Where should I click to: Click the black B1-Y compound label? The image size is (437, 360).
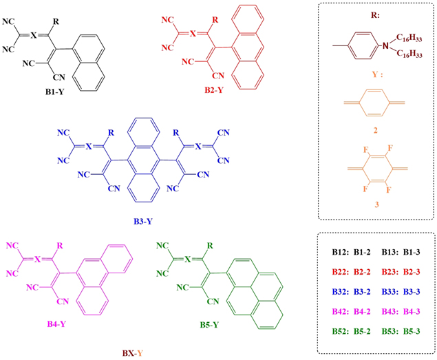pos(54,92)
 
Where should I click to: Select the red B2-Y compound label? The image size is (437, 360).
pos(214,90)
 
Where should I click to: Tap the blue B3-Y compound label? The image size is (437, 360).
pos(143,222)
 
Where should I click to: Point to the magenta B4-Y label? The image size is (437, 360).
pos(56,324)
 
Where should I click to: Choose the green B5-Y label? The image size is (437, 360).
pos(209,325)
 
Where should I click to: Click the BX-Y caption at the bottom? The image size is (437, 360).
pos(133,353)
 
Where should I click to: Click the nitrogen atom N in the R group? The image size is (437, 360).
pos(385,45)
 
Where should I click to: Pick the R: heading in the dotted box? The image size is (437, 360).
pos(375,15)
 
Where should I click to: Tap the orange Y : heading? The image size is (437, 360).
pos(377,74)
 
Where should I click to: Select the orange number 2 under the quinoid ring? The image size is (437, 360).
pos(376,130)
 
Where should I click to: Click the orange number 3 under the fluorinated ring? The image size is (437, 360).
pos(377,204)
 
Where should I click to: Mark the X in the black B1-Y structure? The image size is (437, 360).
pos(34,35)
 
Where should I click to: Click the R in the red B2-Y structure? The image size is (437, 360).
pos(215,20)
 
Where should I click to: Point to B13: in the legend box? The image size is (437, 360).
pos(389,252)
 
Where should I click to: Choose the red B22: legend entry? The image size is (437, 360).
pos(340,272)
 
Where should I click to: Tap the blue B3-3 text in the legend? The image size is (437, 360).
pos(412,292)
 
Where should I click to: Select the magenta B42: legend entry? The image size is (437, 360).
pos(340,312)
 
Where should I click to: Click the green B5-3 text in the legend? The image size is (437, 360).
pos(412,331)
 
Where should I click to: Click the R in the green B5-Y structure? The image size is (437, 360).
pos(210,246)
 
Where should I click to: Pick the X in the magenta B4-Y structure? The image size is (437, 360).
pos(37,260)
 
